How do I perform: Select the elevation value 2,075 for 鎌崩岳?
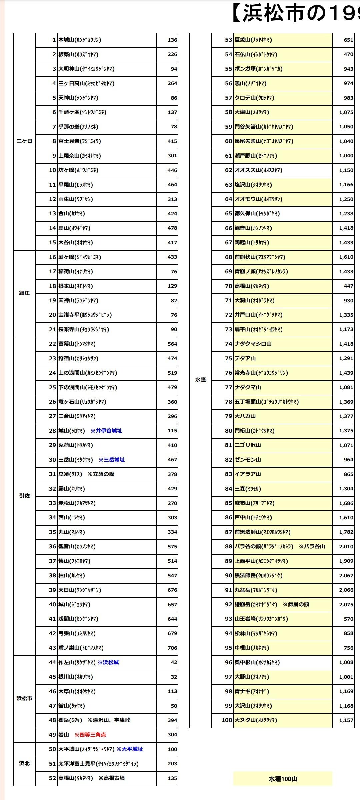pos(346,604)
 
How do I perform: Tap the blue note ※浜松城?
pos(108,662)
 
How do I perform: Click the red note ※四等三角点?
pos(90,735)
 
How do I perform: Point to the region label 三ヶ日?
pos(24,141)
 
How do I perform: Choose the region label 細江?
pos(24,293)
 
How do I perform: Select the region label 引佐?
pos(24,496)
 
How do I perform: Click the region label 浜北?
pos(24,763)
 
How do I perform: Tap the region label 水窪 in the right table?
pos(200,380)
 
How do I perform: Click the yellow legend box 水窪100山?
pos(283,779)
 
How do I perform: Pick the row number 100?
pos(227,720)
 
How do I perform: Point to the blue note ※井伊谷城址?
pos(106,431)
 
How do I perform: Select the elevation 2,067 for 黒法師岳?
pos(346,575)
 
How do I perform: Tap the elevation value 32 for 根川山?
pos(174,677)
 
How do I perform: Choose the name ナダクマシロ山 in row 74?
pos(253,344)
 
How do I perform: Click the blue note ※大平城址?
pos(130,749)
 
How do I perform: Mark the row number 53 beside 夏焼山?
pos(228,40)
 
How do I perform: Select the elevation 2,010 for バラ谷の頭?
pos(346,546)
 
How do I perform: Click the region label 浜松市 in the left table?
pos(24,698)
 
